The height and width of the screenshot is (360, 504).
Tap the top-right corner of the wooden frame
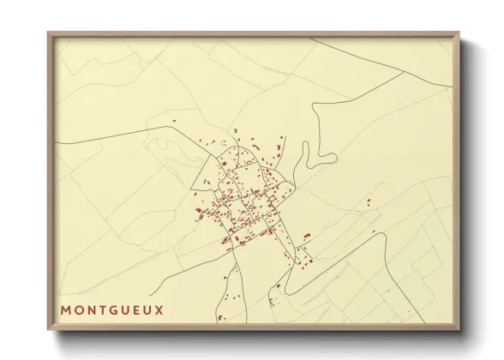tap(460, 33)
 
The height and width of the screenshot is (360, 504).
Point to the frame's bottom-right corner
tap(460, 331)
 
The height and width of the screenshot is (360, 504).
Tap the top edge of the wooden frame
tap(255, 33)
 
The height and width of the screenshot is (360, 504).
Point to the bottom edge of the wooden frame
tap(255, 329)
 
